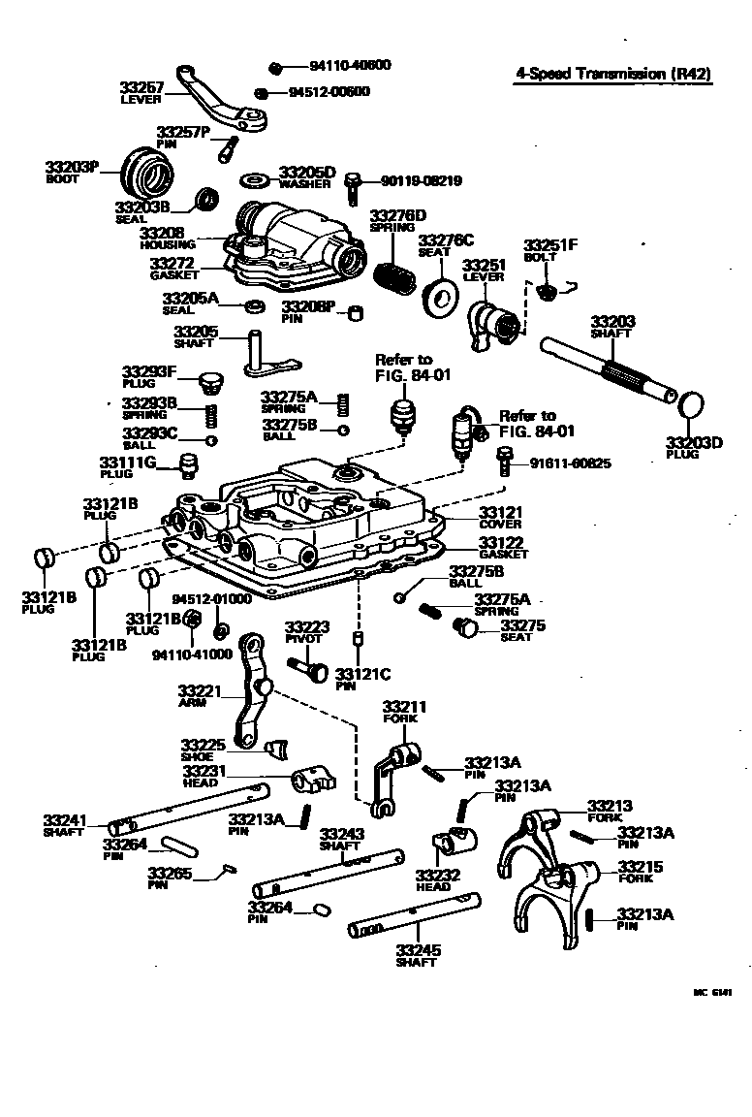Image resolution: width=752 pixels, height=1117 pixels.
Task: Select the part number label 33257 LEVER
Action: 143,93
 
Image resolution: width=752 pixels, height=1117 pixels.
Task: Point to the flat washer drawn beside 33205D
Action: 257,180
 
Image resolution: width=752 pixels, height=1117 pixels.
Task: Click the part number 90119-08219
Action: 421,180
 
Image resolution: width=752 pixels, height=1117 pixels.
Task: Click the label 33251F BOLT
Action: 549,251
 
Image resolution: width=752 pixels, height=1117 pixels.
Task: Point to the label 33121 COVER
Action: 500,517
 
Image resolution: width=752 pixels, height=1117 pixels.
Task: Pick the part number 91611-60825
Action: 570,463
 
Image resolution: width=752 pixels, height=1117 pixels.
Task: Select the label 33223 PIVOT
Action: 306,633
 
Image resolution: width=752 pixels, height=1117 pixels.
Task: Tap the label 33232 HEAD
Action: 433,879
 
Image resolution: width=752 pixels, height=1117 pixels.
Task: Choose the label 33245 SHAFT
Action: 416,955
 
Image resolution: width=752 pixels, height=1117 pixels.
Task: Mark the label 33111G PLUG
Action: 127,466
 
